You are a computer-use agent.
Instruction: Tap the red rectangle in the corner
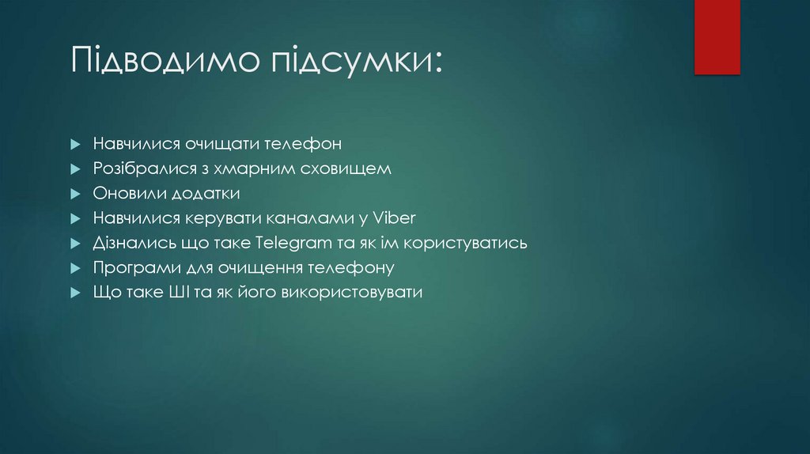717,37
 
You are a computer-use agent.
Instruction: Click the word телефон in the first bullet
308,144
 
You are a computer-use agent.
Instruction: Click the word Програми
130,267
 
